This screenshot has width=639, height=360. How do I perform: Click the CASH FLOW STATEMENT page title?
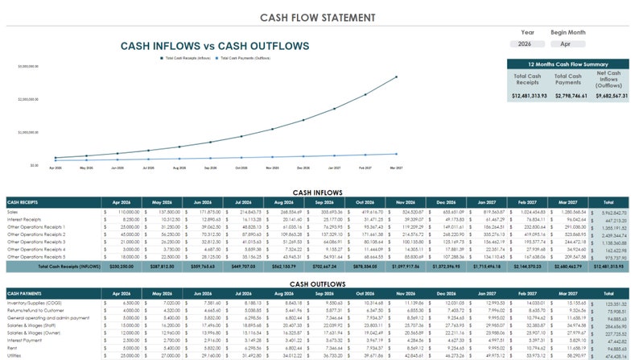[x=319, y=17]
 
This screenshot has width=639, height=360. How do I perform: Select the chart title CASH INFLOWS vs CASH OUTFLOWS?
[x=214, y=46]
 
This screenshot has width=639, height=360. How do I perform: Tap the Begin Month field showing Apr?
[x=567, y=44]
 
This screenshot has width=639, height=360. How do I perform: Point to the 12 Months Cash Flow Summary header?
[x=568, y=64]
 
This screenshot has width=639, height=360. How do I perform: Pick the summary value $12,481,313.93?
[x=528, y=96]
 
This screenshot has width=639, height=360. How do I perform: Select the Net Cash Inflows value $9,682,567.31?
[x=609, y=96]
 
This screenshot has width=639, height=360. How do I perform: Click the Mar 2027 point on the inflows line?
[x=396, y=77]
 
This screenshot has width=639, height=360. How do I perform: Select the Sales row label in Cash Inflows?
[x=14, y=211]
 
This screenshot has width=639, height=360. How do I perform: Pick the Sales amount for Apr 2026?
[x=125, y=211]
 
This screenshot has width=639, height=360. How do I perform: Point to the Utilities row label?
[x=17, y=355]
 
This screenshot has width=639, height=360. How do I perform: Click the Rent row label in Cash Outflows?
[x=12, y=348]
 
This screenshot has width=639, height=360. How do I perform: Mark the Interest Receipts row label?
[x=24, y=219]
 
